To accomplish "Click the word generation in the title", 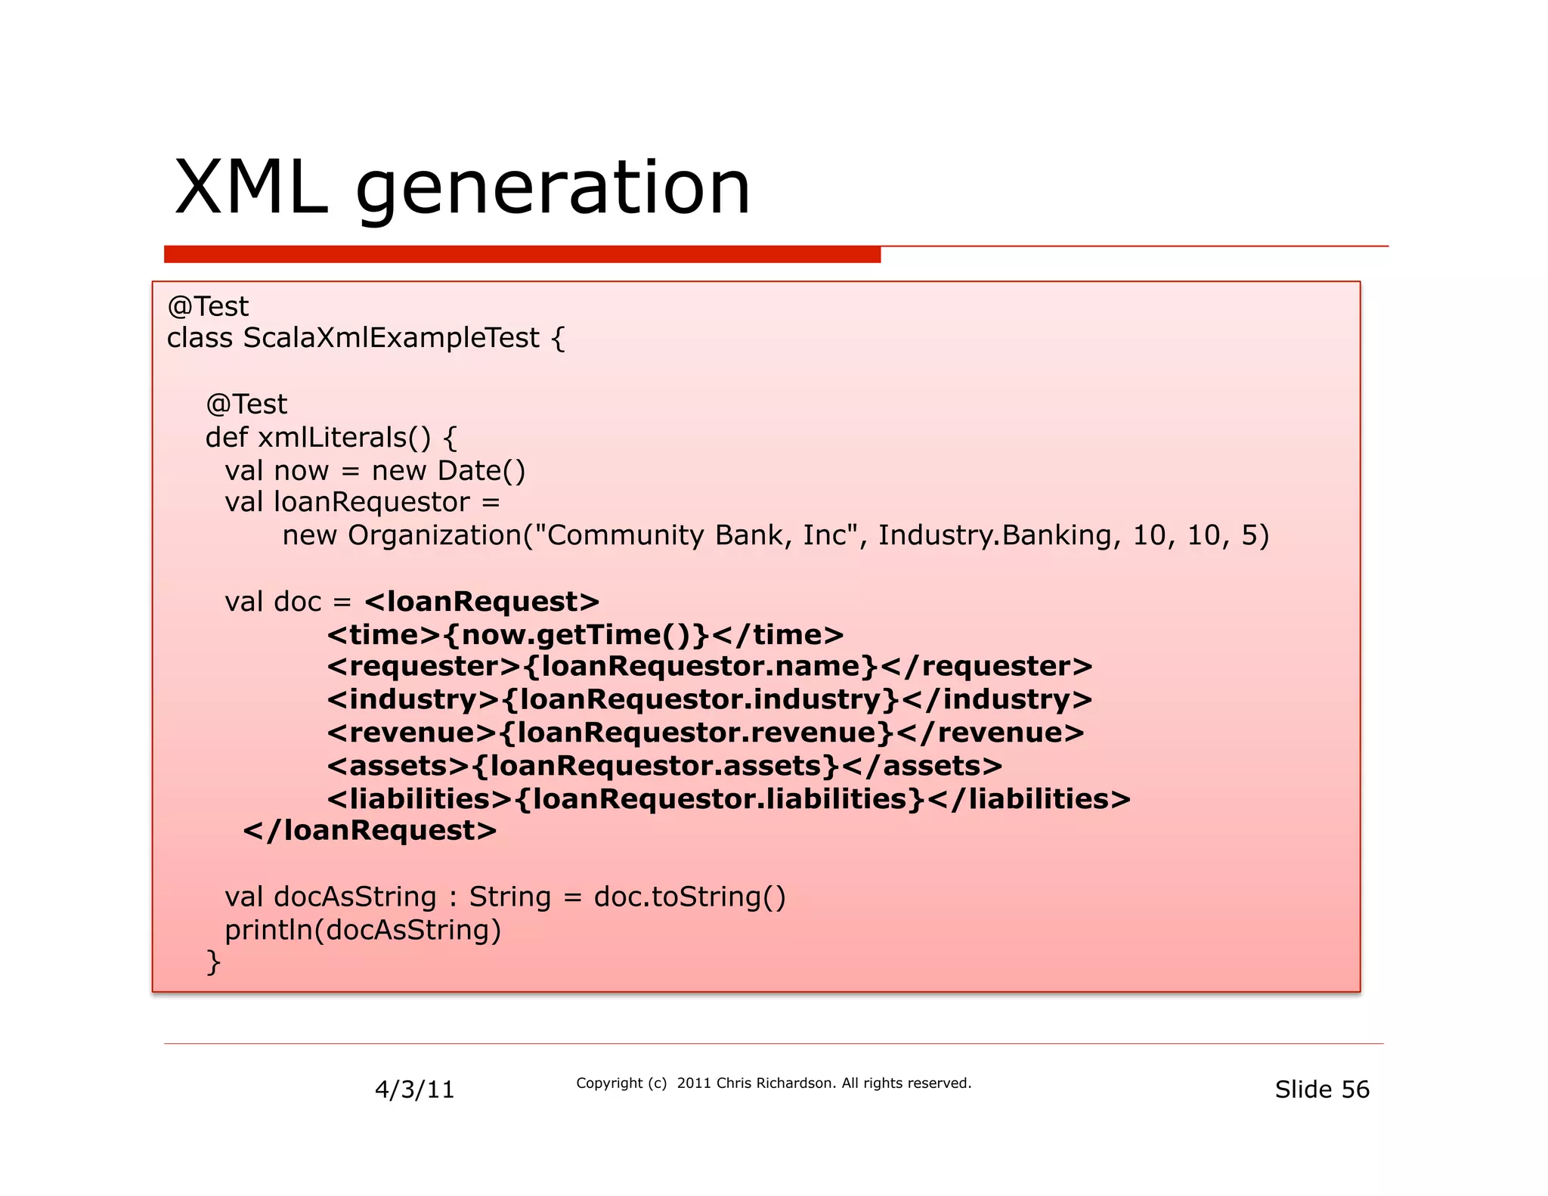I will [553, 189].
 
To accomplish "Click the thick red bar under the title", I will [522, 255].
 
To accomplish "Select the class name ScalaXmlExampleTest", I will [391, 338].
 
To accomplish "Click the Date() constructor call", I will [481, 471].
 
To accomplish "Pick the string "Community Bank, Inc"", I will [699, 535].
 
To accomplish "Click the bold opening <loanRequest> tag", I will [481, 602].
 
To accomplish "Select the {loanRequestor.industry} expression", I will [700, 700].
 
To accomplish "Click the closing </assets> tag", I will [921, 766].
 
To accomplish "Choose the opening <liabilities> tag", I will [420, 799].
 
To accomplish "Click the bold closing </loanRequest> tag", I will [370, 831].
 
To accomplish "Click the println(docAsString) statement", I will [363, 930].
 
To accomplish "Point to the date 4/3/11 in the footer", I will [414, 1089].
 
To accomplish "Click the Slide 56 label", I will [1321, 1089].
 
